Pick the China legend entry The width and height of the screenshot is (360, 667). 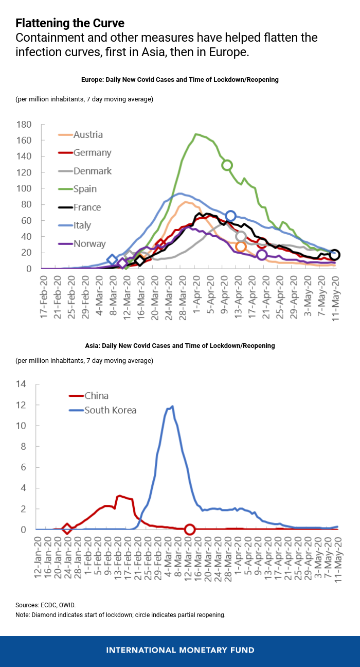pos(97,396)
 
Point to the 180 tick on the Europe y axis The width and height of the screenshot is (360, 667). pos(24,125)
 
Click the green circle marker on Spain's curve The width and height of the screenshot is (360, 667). pos(227,165)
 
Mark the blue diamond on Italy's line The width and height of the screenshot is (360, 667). pos(112,260)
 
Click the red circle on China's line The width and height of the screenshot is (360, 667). pos(189,530)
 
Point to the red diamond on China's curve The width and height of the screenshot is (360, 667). pos(67,529)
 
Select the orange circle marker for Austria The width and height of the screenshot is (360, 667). pos(241,247)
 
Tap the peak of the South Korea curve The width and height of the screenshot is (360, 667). pos(172,406)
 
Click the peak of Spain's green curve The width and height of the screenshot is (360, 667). pos(196,134)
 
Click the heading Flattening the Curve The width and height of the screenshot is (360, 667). pos(69,23)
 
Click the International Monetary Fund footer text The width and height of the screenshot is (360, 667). pos(180,650)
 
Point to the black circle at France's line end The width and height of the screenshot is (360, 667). pos(335,255)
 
